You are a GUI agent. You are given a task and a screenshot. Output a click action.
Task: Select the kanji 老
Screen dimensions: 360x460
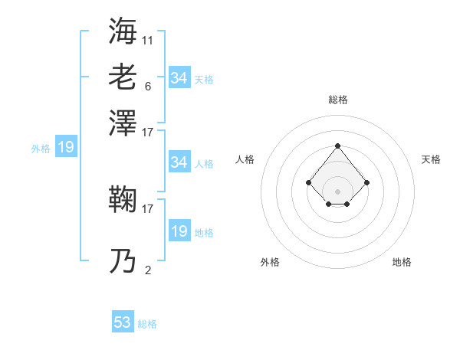(123, 77)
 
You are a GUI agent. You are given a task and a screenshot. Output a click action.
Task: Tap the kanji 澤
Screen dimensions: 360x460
(123, 123)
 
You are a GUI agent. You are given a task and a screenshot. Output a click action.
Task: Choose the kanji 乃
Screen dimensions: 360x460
(123, 261)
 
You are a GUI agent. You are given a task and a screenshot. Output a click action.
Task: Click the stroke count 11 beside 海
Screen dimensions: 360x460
(148, 39)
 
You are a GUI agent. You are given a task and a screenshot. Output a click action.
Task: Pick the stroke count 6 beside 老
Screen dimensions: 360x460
(148, 86)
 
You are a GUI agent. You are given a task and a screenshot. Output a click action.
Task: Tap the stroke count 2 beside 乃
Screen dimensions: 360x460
(148, 269)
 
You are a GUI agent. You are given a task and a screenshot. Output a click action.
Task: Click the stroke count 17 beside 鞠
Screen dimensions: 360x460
(148, 208)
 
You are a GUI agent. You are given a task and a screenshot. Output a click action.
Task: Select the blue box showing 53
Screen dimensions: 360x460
(123, 322)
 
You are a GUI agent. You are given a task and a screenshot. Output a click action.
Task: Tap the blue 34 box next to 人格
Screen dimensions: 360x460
(179, 162)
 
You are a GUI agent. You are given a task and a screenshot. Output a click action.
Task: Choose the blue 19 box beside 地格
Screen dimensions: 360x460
(179, 231)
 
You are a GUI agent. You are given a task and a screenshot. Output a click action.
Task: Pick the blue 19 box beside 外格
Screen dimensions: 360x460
(66, 148)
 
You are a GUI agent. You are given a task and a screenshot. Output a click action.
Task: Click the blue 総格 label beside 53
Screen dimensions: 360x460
(147, 324)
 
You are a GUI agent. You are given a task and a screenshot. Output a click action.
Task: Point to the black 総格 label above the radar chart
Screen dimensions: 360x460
(337, 100)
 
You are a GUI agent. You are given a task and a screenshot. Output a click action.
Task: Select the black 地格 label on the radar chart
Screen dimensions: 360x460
(402, 262)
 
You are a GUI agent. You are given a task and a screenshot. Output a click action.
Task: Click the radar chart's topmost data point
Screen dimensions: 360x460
(337, 146)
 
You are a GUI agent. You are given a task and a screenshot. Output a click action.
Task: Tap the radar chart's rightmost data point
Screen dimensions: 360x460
(367, 182)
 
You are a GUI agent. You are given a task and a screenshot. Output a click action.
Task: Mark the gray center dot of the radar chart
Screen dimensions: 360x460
(337, 191)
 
